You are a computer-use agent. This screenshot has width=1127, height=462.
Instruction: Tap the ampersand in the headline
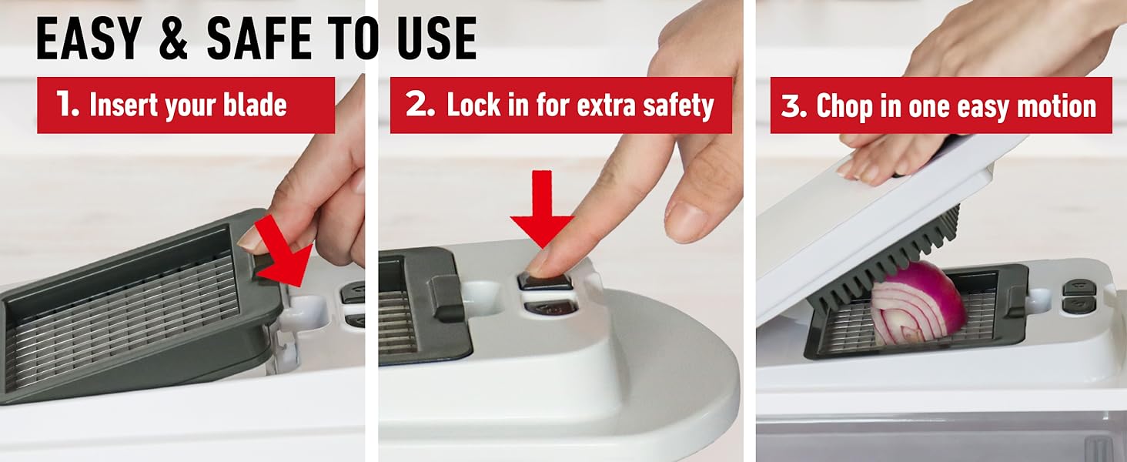coord(173,38)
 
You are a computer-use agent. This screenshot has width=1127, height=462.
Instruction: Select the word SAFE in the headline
coord(259,38)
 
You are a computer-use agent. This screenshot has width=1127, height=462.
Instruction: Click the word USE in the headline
coord(436,38)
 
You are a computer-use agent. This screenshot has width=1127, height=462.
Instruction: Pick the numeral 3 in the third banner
coord(793,105)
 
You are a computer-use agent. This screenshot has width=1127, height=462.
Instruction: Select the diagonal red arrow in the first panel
coord(283,252)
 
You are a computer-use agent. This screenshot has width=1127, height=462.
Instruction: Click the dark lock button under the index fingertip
coord(545,280)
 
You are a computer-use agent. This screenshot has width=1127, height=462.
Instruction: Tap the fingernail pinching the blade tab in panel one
coord(250,239)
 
